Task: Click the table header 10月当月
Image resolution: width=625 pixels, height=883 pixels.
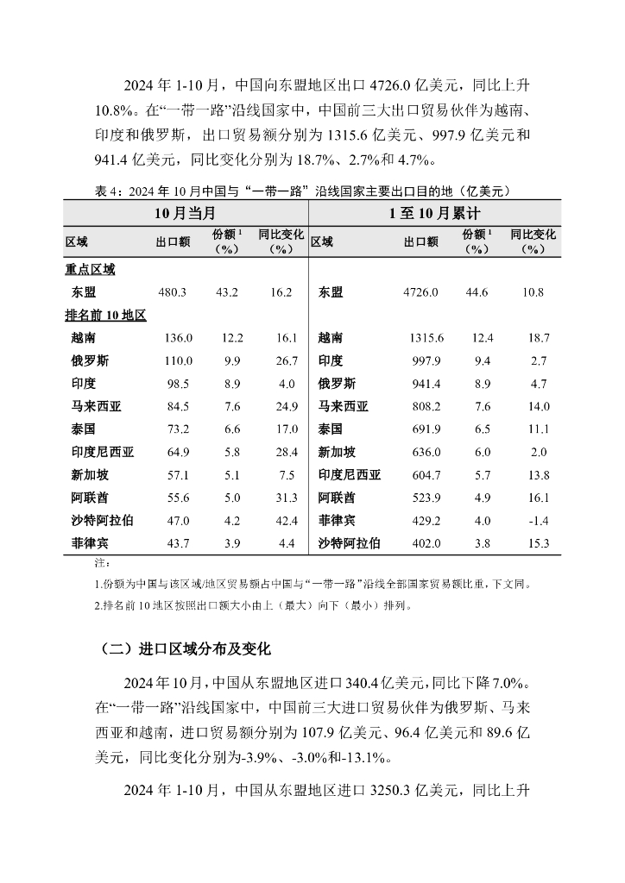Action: click(184, 212)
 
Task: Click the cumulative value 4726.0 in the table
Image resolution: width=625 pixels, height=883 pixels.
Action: click(420, 292)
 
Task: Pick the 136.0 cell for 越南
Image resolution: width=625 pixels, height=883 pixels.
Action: click(178, 338)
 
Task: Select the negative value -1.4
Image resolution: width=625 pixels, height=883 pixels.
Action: click(537, 520)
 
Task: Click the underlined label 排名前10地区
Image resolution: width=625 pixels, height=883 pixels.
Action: click(105, 316)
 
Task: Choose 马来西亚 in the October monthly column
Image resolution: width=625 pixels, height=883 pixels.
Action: click(96, 406)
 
